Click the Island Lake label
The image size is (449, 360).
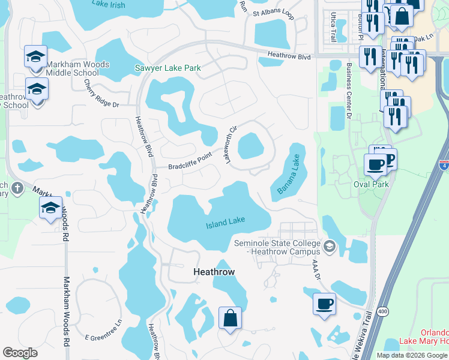(226, 223)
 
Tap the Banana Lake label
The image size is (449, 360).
(288, 174)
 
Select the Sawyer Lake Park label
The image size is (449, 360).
(167, 68)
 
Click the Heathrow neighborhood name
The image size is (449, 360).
(214, 272)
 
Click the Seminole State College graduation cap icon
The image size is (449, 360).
(329, 246)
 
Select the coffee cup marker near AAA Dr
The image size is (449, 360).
(325, 303)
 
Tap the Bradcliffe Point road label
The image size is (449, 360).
(190, 162)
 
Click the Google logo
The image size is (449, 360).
(20, 353)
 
